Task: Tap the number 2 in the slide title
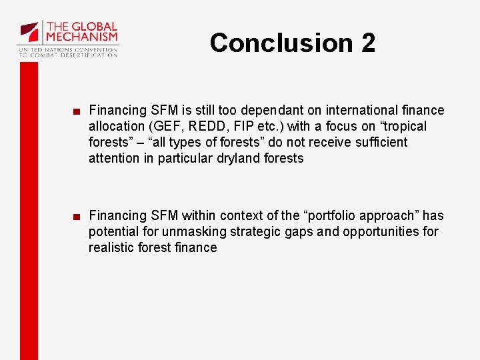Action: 368,43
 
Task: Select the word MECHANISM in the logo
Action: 81,37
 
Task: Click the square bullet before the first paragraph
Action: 78,111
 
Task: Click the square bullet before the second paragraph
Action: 78,216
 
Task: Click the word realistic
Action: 111,247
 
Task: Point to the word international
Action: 371,110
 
